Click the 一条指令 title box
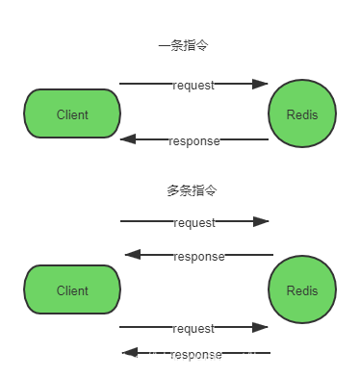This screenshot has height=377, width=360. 183,44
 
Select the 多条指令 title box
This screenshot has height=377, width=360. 192,189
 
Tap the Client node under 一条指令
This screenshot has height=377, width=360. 72,114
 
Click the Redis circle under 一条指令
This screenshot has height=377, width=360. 301,114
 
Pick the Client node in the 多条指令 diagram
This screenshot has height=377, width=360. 72,290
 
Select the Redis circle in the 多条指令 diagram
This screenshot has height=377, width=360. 301,290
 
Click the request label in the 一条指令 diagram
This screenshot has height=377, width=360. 193,85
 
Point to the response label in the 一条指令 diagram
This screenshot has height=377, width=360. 193,140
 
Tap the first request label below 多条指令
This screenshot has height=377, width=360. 193,222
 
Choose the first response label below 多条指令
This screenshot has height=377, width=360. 198,256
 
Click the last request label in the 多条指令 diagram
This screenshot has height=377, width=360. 193,328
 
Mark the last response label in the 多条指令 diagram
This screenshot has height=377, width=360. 196,353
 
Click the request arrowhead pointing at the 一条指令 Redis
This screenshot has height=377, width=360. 260,85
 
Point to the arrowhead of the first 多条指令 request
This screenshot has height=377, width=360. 260,222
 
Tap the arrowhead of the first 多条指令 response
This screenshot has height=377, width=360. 133,255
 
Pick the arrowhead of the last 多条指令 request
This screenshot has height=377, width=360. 260,328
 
